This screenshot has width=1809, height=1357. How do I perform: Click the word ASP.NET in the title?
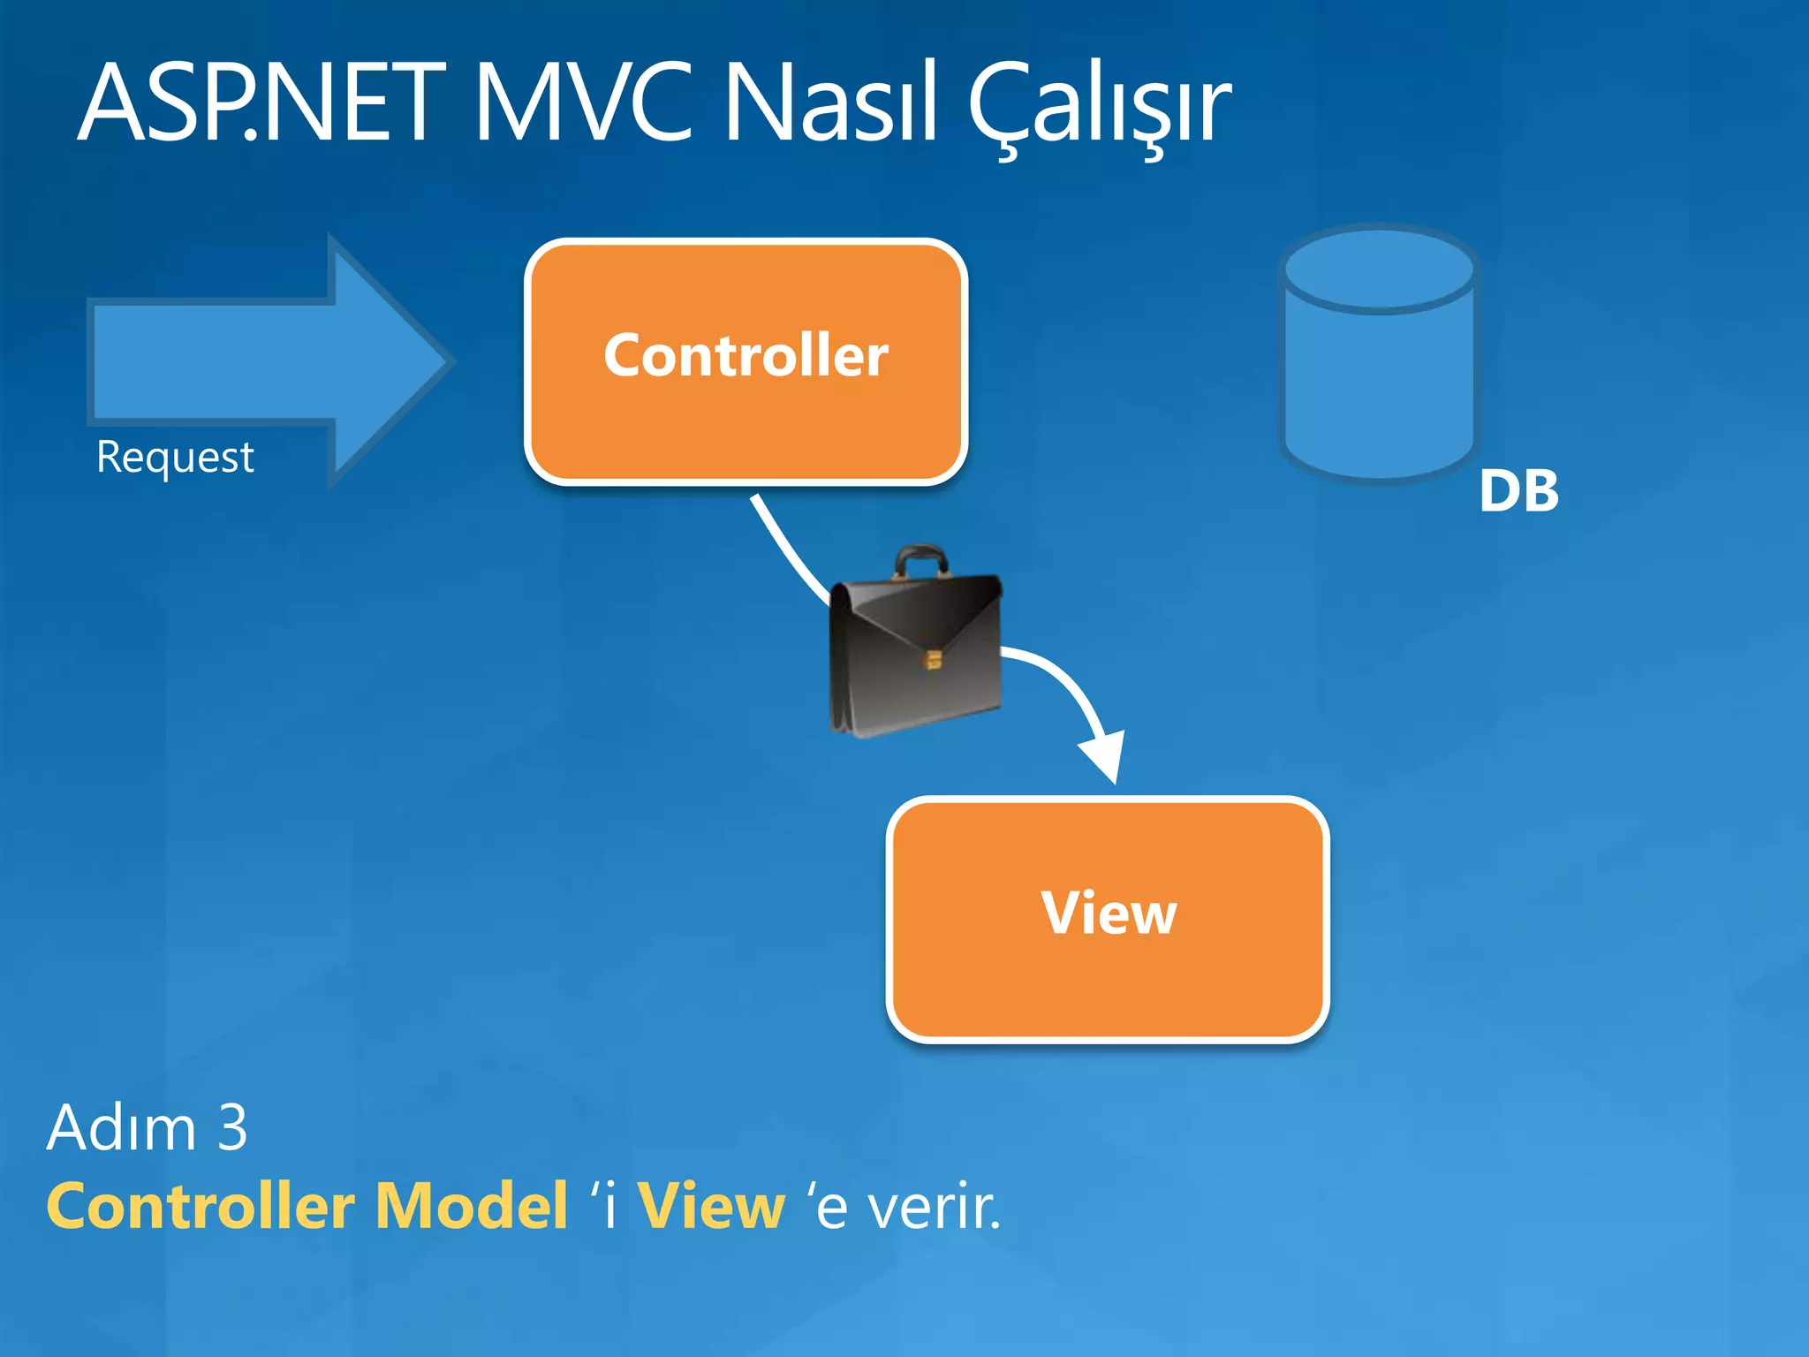coord(261,103)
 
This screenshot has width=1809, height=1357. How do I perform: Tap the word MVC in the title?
coord(583,103)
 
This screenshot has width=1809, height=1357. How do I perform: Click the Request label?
coord(175,458)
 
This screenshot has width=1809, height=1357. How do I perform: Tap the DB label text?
coord(1518,491)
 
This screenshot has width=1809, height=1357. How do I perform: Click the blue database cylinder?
coord(1379,389)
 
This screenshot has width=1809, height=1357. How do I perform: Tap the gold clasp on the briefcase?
coord(933,659)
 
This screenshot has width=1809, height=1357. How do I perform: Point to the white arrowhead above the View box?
coord(1104,756)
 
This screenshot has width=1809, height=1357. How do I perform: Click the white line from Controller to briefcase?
coord(786,548)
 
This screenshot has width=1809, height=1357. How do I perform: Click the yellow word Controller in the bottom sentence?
coord(200,1207)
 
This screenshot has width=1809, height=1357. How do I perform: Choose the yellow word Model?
coord(471,1207)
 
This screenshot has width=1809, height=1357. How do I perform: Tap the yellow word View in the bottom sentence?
coord(710,1207)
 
